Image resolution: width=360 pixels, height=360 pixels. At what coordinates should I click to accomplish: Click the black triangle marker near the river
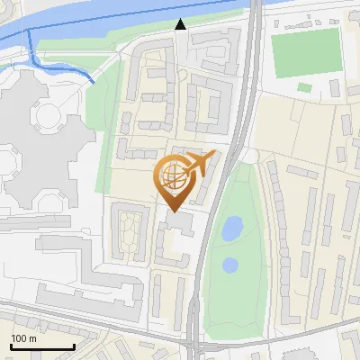(x=181, y=25)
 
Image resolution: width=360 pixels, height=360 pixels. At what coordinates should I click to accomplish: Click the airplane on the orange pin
(x=200, y=163)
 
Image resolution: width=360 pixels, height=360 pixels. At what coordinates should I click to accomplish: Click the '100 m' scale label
(x=23, y=338)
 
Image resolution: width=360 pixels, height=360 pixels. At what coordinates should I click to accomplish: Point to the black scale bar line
(x=41, y=347)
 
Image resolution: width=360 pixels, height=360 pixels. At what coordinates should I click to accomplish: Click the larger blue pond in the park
(x=231, y=228)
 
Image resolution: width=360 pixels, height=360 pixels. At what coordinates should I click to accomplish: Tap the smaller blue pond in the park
(x=230, y=265)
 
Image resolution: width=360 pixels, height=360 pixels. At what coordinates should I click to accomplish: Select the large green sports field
(x=306, y=53)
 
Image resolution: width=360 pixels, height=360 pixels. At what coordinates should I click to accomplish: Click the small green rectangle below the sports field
(x=305, y=87)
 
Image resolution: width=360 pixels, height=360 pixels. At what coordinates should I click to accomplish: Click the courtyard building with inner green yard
(x=130, y=229)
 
